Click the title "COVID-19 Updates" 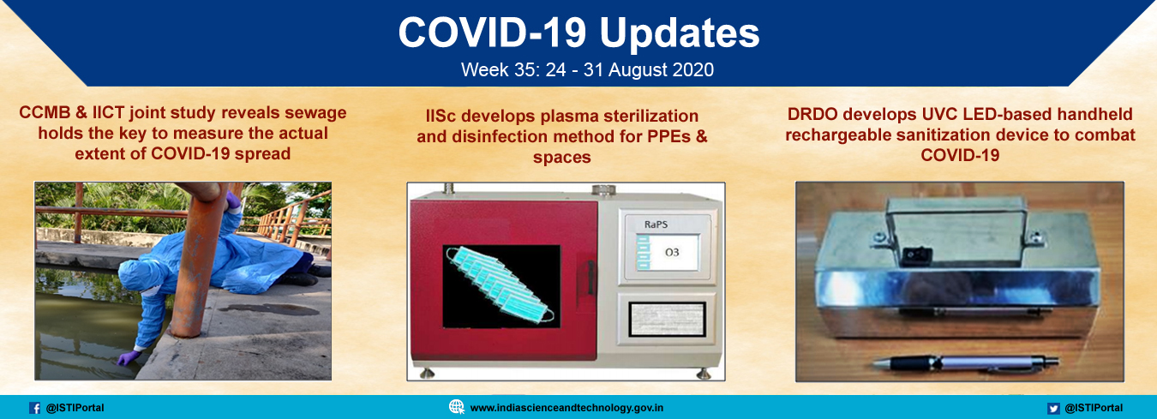point(578,33)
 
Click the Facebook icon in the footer point(35,408)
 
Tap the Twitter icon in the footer point(1053,409)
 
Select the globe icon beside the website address point(457,407)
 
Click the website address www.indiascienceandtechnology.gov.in point(567,408)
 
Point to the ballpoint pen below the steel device point(965,363)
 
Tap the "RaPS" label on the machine point(656,224)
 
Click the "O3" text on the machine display point(672,253)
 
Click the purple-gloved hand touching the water point(128,357)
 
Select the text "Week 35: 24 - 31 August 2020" point(587,69)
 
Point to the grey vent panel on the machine point(667,319)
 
